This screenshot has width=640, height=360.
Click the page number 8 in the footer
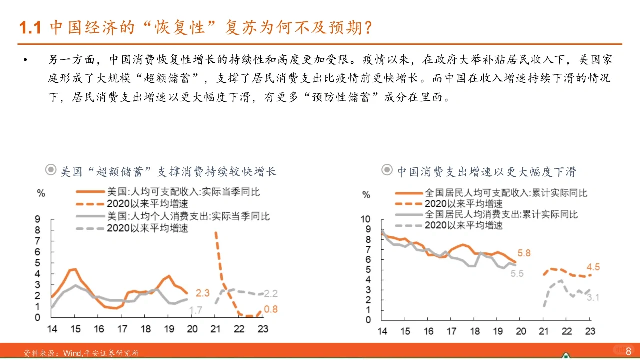(628, 351)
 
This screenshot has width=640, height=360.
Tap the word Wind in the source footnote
(72, 353)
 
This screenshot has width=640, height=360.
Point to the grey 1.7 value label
(195, 310)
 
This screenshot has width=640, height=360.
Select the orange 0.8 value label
(270, 309)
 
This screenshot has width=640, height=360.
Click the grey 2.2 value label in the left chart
(271, 293)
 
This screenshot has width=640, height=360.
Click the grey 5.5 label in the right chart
(517, 273)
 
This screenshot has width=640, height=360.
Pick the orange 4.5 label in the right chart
(593, 267)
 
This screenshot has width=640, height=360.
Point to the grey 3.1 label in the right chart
(593, 298)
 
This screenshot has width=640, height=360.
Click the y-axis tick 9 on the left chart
(38, 219)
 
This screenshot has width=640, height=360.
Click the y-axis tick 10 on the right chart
(366, 219)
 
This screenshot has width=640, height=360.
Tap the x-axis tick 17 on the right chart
(452, 331)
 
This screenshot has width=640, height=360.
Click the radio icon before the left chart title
(51, 170)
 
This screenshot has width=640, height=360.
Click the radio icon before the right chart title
(387, 170)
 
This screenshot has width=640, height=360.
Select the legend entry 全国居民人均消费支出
(501, 214)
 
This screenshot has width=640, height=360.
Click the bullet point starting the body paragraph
(25, 61)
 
